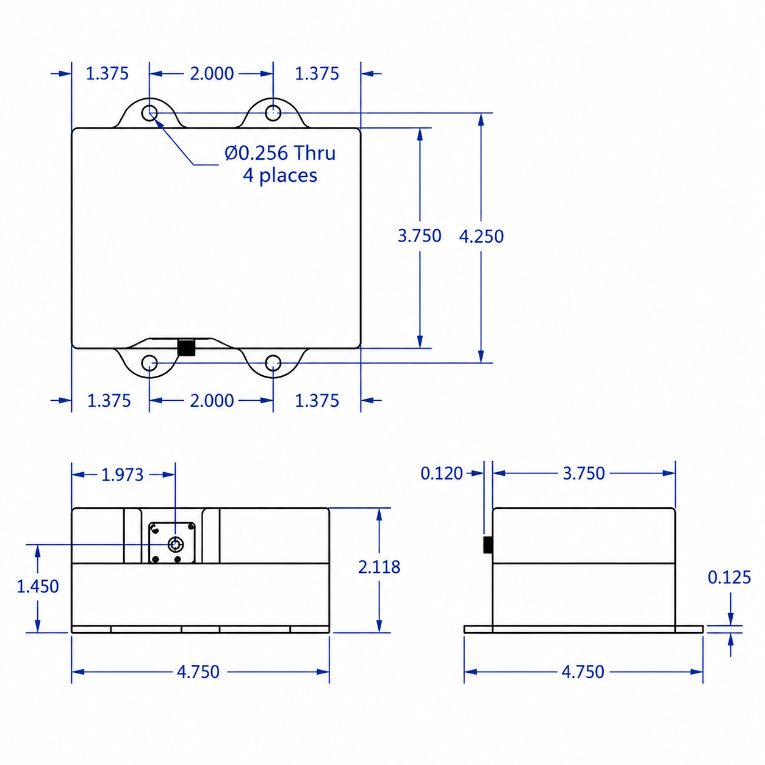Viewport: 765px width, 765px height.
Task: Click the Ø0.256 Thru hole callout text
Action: (280, 153)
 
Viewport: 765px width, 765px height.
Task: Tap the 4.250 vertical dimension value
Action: (481, 236)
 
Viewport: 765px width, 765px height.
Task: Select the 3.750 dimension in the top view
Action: (420, 236)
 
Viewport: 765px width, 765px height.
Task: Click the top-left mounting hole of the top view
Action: (149, 113)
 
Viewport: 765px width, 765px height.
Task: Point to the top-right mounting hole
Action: (273, 113)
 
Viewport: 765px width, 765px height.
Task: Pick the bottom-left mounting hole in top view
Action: (149, 363)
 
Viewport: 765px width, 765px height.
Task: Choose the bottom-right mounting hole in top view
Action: (273, 363)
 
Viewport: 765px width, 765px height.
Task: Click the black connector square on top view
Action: (186, 348)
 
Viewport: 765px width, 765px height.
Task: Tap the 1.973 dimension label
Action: (122, 475)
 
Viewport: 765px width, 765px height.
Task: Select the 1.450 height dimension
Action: (38, 586)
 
